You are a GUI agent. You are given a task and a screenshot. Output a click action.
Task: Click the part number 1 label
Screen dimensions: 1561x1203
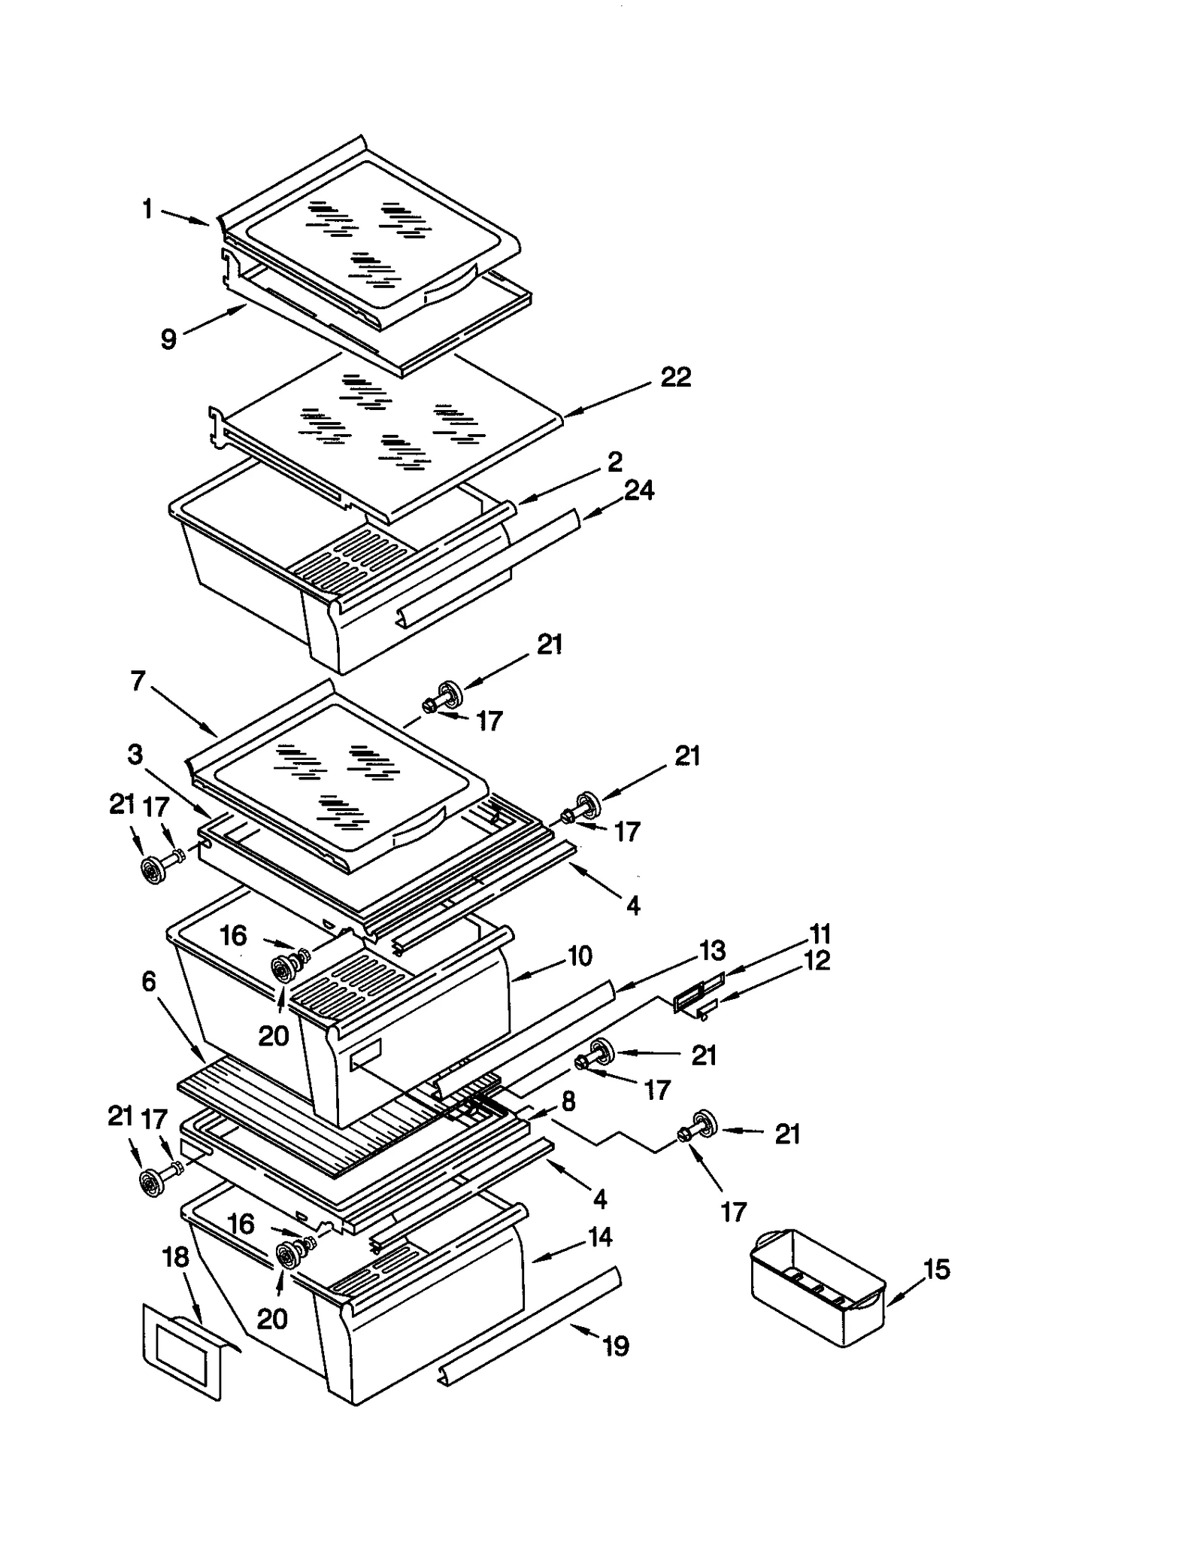[x=147, y=209]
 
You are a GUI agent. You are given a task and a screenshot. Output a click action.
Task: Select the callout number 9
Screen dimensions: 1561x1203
[x=169, y=339]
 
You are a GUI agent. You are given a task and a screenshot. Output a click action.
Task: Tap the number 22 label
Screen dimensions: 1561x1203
[x=675, y=377]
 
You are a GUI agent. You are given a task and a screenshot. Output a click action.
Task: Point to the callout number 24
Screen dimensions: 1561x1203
[x=639, y=490]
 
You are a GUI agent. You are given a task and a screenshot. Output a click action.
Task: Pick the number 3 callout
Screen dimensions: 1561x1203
[x=135, y=754]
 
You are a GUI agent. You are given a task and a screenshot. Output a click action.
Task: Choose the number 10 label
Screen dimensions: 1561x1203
[x=580, y=956]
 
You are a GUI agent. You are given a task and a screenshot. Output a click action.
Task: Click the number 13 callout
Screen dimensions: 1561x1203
[x=712, y=950]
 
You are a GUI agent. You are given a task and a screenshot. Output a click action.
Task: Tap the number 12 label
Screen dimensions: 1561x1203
[x=817, y=961]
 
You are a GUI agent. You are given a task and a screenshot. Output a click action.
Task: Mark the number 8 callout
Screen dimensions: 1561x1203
[x=568, y=1101]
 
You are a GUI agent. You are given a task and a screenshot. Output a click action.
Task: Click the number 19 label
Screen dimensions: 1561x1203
[x=616, y=1346]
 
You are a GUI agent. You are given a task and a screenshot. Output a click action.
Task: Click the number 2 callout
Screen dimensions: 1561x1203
[x=615, y=462]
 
